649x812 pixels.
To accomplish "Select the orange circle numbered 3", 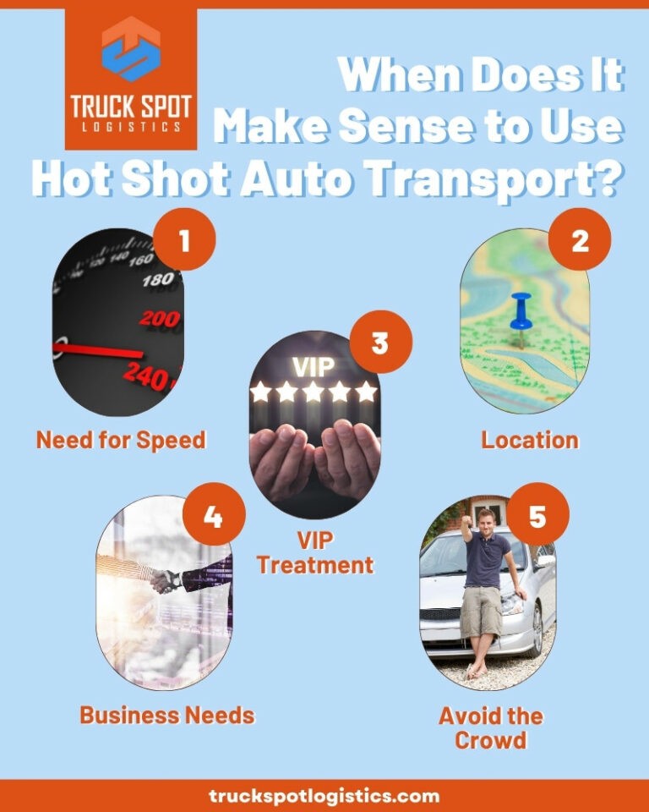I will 380,344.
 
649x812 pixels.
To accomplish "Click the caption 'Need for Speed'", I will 121,440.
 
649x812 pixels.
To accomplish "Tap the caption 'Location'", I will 530,440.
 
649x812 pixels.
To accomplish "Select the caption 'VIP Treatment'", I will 315,552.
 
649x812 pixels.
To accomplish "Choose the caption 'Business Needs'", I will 167,715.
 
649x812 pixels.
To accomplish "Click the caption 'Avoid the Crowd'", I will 490,727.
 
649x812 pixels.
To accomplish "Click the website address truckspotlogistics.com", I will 324,796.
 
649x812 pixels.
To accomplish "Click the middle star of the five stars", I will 314,392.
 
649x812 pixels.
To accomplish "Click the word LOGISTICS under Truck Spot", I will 131,127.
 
